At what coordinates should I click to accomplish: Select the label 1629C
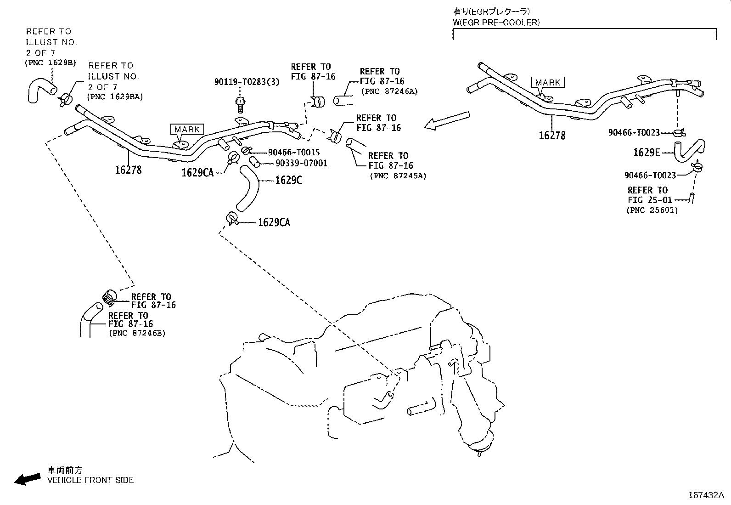(x=288, y=180)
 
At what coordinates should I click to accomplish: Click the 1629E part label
(x=646, y=153)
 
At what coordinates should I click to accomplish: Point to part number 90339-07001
(x=302, y=163)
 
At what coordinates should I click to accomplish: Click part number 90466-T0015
(x=294, y=152)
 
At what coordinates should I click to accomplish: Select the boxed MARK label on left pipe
(x=187, y=130)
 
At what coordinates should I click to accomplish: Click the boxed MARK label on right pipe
(x=548, y=82)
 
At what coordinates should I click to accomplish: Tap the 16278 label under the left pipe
(x=128, y=170)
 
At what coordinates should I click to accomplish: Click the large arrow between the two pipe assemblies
(x=447, y=120)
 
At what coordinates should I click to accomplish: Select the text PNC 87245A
(x=397, y=176)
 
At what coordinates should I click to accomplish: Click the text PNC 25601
(x=652, y=210)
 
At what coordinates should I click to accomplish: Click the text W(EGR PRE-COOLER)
(x=496, y=22)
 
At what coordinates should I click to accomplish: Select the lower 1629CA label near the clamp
(x=274, y=222)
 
